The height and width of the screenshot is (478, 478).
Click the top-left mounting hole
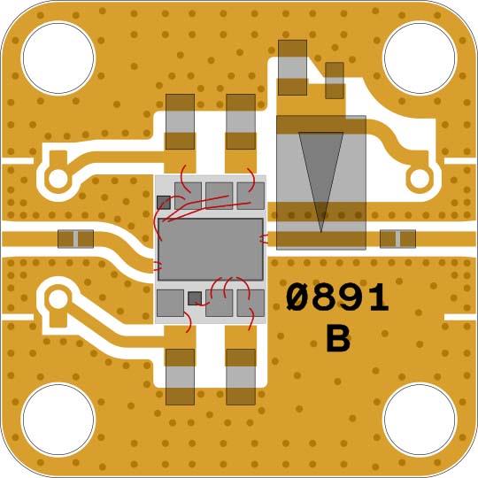(58, 58)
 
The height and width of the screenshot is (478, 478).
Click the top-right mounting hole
(420, 58)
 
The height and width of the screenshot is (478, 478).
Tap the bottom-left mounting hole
(58, 420)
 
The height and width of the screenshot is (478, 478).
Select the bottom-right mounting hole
(420, 420)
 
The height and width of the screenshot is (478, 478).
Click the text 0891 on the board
(337, 297)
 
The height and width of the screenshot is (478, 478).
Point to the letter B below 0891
(338, 338)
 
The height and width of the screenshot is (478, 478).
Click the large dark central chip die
(211, 250)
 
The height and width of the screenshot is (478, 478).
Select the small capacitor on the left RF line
(75, 239)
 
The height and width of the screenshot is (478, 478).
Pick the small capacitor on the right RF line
(397, 239)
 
